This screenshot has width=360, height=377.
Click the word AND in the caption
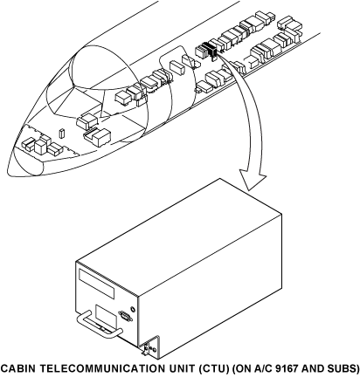(x=312, y=368)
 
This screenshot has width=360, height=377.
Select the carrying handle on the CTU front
(x=98, y=326)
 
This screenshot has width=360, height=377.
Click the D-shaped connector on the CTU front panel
(x=125, y=316)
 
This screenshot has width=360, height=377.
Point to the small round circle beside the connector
(x=133, y=309)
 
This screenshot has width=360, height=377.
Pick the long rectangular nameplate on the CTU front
(x=96, y=283)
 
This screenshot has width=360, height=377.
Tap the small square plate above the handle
(x=106, y=317)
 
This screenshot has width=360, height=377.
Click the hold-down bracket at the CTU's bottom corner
(x=151, y=348)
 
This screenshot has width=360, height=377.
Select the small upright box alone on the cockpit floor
(x=61, y=133)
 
